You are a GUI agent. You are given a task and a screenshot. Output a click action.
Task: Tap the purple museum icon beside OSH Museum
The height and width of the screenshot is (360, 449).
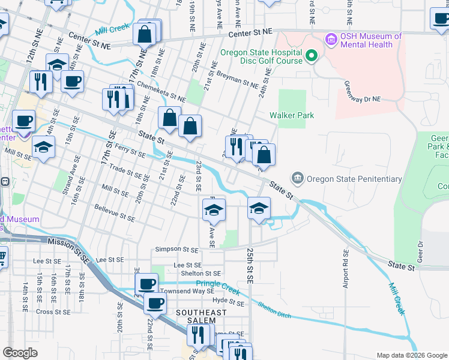click(330, 40)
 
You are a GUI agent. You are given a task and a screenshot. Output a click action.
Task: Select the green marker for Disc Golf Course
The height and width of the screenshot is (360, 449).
click(311, 57)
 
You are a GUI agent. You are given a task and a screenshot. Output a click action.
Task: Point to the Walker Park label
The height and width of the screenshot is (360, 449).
click(292, 115)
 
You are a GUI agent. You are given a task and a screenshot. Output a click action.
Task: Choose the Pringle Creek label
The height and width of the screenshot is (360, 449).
click(217, 287)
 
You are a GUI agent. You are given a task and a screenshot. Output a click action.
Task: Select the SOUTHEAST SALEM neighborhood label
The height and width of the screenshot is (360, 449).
click(201, 317)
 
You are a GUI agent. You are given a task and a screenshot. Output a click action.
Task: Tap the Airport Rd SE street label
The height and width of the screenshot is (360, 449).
click(346, 269)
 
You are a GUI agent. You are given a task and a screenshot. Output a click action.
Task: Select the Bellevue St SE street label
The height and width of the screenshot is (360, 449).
click(115, 213)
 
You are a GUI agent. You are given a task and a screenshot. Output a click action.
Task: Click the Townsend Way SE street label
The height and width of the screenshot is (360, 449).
click(186, 291)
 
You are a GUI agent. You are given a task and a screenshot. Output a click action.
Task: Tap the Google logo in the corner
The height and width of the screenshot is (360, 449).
click(20, 353)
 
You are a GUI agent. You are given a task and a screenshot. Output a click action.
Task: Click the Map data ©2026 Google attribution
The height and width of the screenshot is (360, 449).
click(411, 355)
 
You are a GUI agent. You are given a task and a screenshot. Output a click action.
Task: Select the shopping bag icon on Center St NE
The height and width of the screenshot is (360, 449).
click(145, 35)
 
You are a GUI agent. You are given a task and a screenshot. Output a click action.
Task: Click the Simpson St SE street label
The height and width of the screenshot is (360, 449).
click(176, 249)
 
